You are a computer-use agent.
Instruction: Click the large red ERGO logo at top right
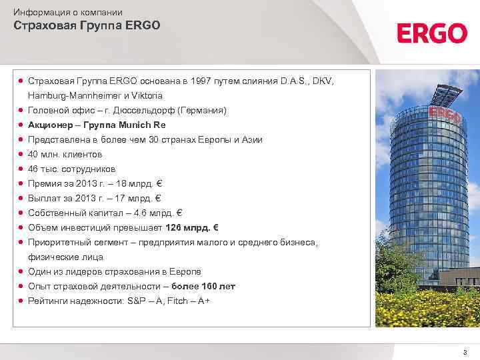[432, 33]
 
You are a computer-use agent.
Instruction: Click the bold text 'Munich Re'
[141, 125]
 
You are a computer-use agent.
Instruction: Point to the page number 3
[465, 351]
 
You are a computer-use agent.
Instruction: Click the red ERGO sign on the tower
[445, 113]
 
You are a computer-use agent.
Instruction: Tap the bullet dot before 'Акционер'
[21, 125]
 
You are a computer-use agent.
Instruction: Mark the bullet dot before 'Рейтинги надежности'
[21, 301]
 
